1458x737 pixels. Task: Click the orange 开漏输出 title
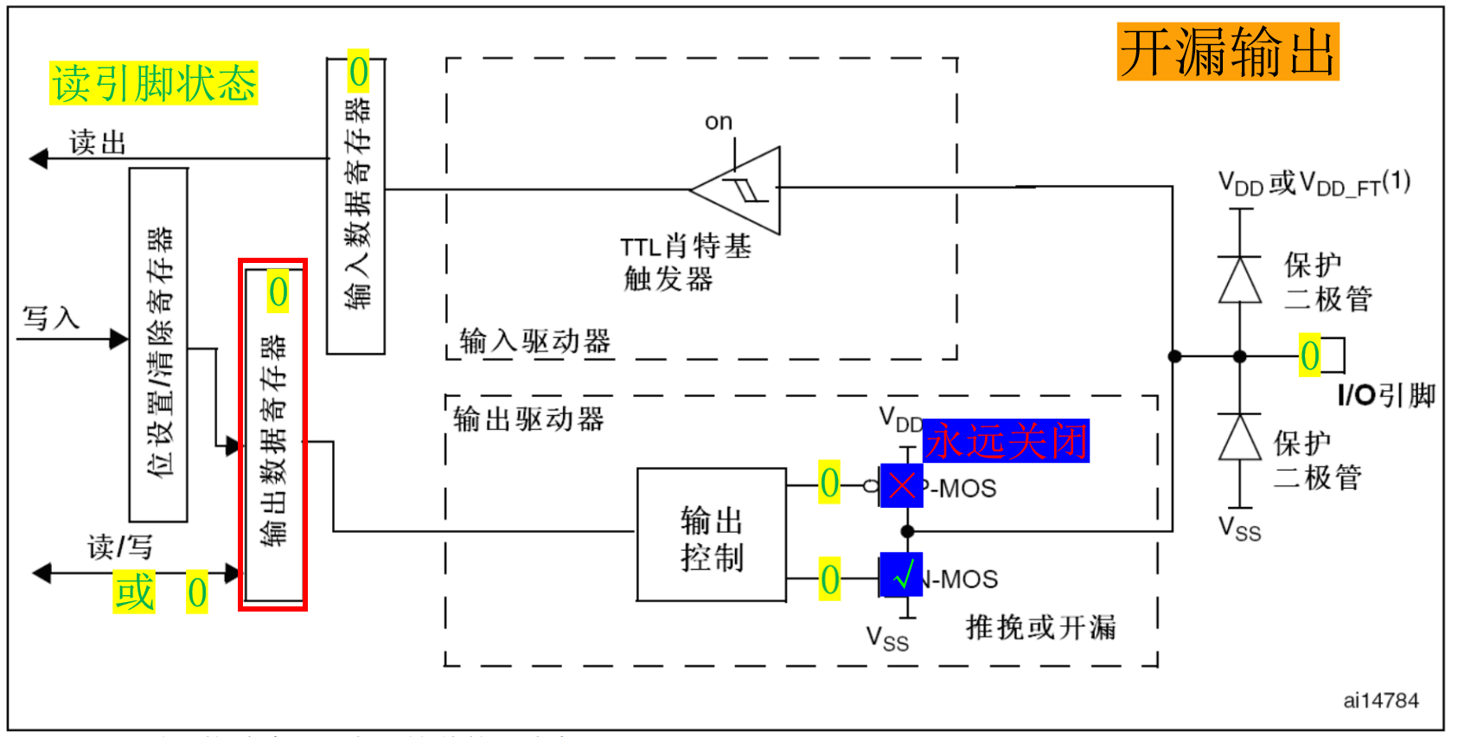click(1227, 52)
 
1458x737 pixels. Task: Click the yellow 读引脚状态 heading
click(154, 84)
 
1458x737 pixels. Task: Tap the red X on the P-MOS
click(901, 485)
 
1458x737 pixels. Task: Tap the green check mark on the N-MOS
click(901, 575)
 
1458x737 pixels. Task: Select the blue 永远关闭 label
click(1006, 441)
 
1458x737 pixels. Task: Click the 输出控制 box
click(711, 535)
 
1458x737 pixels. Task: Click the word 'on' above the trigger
click(719, 122)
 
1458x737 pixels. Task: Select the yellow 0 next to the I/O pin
click(1309, 356)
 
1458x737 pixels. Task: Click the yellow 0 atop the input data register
click(358, 72)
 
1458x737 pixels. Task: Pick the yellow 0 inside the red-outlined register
click(278, 292)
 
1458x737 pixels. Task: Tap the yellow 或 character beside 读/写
click(134, 593)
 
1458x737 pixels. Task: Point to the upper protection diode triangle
click(1240, 280)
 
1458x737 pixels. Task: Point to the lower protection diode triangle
click(1240, 438)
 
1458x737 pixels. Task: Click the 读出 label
click(98, 143)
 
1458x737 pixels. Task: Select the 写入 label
click(50, 317)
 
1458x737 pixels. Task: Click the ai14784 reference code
click(1380, 701)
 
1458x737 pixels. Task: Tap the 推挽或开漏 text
click(1040, 627)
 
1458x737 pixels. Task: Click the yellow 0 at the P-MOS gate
click(829, 483)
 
